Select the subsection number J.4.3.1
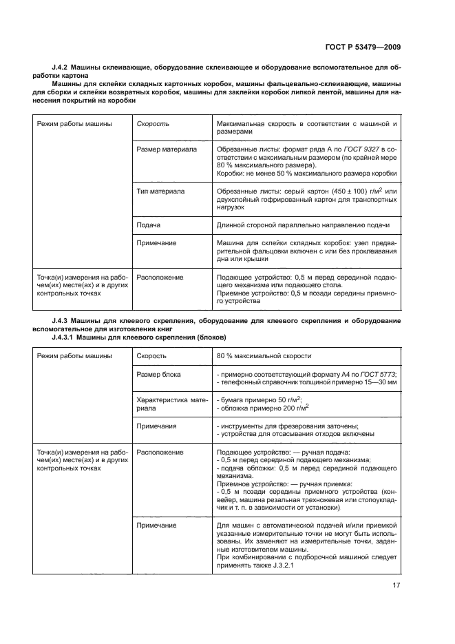pos(66,337)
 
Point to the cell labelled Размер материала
pos(166,149)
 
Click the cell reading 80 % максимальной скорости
pos(264,355)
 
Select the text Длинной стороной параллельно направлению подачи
pos(303,225)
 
